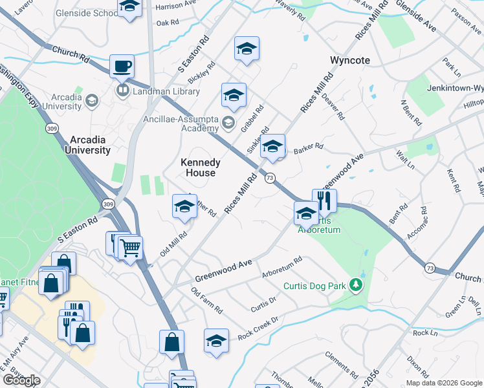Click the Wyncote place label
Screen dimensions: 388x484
(x=350, y=60)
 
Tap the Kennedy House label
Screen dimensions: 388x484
(x=200, y=167)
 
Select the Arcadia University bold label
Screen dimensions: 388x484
(x=87, y=145)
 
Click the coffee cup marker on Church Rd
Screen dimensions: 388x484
(x=122, y=66)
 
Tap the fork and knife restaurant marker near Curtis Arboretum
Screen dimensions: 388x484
(x=324, y=201)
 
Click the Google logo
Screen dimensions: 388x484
(x=21, y=380)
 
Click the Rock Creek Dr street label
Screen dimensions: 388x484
(x=258, y=328)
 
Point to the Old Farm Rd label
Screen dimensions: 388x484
(x=206, y=302)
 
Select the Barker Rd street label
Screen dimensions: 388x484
(x=308, y=148)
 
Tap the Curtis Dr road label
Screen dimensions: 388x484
(x=263, y=303)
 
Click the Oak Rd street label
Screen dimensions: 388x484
(x=167, y=23)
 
